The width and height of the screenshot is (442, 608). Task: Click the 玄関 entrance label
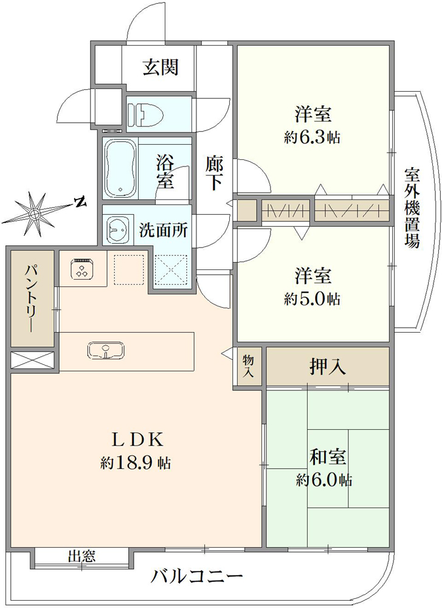(x=161, y=67)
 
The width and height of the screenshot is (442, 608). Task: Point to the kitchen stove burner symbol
(x=82, y=268)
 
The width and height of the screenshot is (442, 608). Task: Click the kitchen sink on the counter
(x=106, y=350)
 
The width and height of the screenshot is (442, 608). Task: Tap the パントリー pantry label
(x=32, y=298)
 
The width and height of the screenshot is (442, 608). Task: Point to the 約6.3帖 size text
(x=312, y=137)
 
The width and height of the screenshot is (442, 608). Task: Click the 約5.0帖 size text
(x=312, y=299)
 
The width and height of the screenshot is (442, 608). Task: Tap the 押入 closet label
(x=328, y=366)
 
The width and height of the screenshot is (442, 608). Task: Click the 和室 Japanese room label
(x=328, y=458)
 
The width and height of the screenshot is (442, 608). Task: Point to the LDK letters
(x=136, y=440)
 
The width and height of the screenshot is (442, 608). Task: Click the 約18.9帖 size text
(x=136, y=462)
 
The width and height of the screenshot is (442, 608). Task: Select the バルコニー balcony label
(x=196, y=575)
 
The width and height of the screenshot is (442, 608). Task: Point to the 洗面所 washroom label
(x=164, y=230)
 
